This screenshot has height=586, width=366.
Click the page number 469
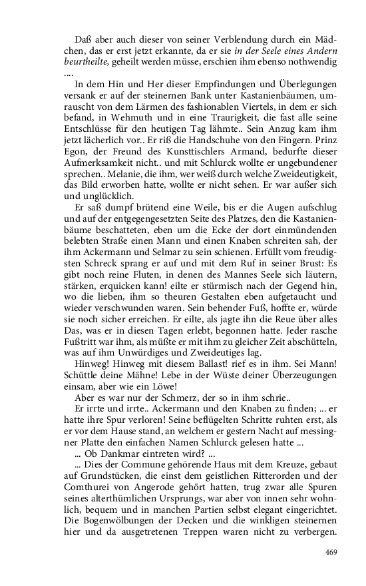(x=331, y=552)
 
